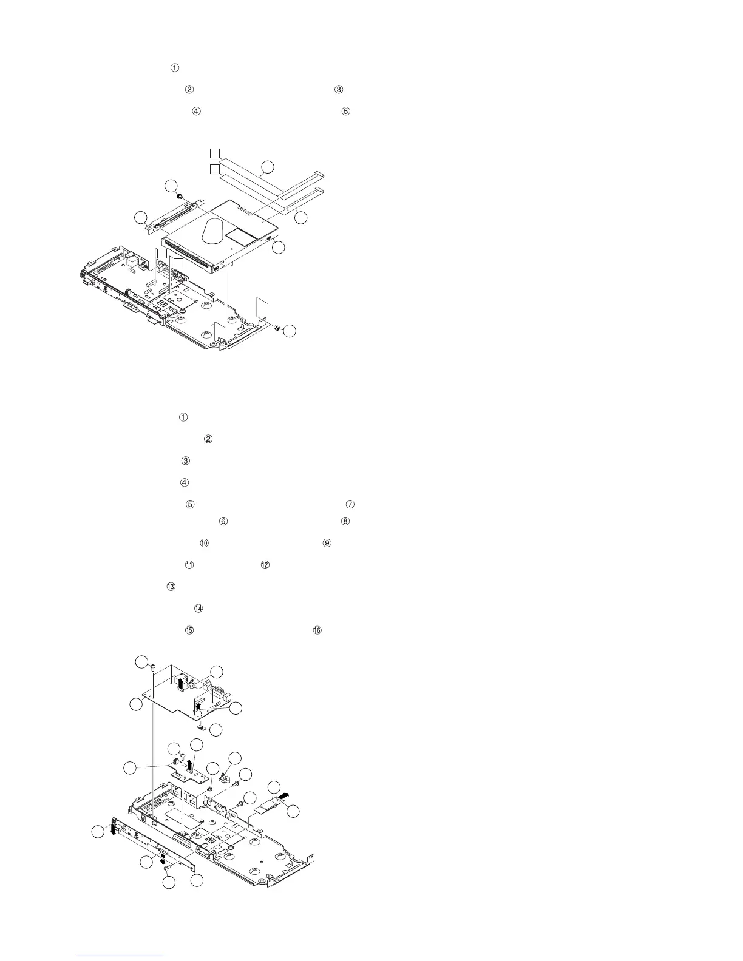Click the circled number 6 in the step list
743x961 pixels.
coord(223,521)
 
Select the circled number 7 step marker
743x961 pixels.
coord(349,505)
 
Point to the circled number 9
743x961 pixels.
coord(327,543)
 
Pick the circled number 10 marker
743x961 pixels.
coord(204,543)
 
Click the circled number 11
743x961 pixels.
coord(189,565)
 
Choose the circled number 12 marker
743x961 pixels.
coord(265,565)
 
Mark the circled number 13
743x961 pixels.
coord(171,587)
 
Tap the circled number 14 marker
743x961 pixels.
coord(198,609)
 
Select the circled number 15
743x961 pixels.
coord(189,630)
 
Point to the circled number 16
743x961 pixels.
coord(317,630)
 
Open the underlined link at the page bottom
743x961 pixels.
coord(121,956)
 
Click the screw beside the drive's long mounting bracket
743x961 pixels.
coord(180,197)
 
